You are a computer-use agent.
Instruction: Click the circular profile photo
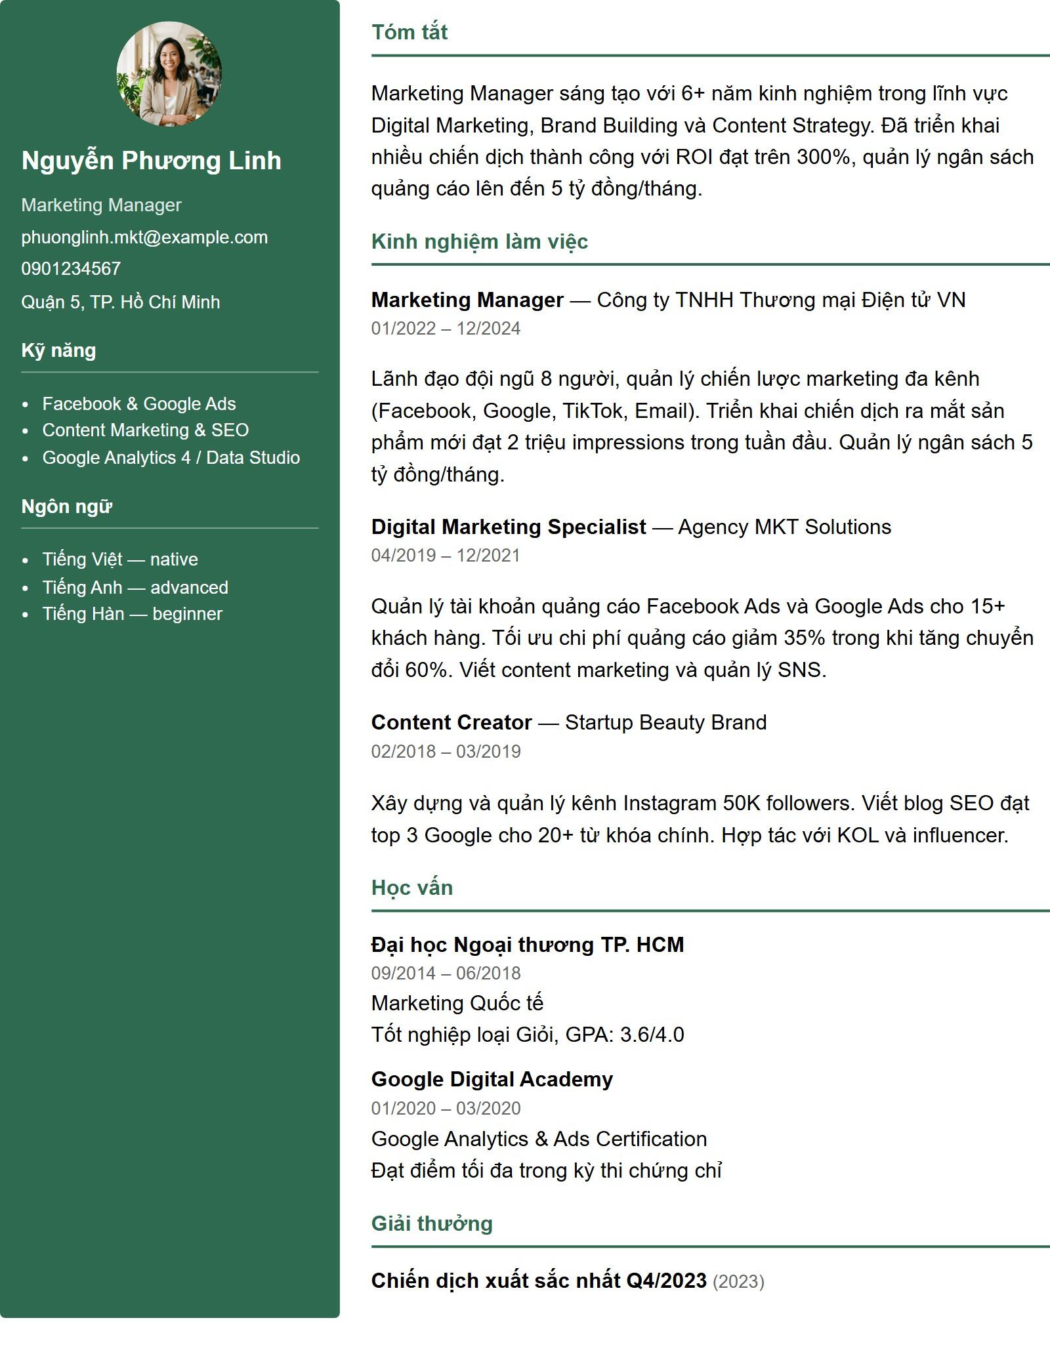click(169, 73)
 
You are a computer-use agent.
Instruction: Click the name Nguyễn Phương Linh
click(151, 161)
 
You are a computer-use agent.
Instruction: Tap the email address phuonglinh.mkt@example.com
click(144, 237)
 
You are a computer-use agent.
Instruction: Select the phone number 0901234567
click(71, 269)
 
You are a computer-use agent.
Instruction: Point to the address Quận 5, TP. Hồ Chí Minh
click(121, 302)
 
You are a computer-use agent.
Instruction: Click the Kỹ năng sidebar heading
click(58, 350)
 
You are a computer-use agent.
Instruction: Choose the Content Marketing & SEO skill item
click(146, 430)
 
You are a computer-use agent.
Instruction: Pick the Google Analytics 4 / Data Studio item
click(171, 458)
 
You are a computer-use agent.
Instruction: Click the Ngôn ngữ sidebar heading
click(66, 506)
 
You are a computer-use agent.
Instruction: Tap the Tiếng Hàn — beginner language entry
click(133, 614)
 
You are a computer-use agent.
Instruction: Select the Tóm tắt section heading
click(409, 32)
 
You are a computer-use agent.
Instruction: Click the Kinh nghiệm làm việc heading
click(479, 241)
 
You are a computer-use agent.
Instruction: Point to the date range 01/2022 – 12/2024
click(446, 329)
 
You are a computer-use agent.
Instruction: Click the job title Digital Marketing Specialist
click(509, 527)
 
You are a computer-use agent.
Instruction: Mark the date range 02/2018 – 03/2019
click(446, 752)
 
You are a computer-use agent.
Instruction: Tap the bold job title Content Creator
click(451, 722)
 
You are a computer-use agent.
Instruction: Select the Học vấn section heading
click(412, 888)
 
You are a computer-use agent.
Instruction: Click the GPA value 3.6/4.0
click(652, 1035)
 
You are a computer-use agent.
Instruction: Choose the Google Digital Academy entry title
click(492, 1079)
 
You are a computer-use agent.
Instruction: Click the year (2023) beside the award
click(738, 1281)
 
